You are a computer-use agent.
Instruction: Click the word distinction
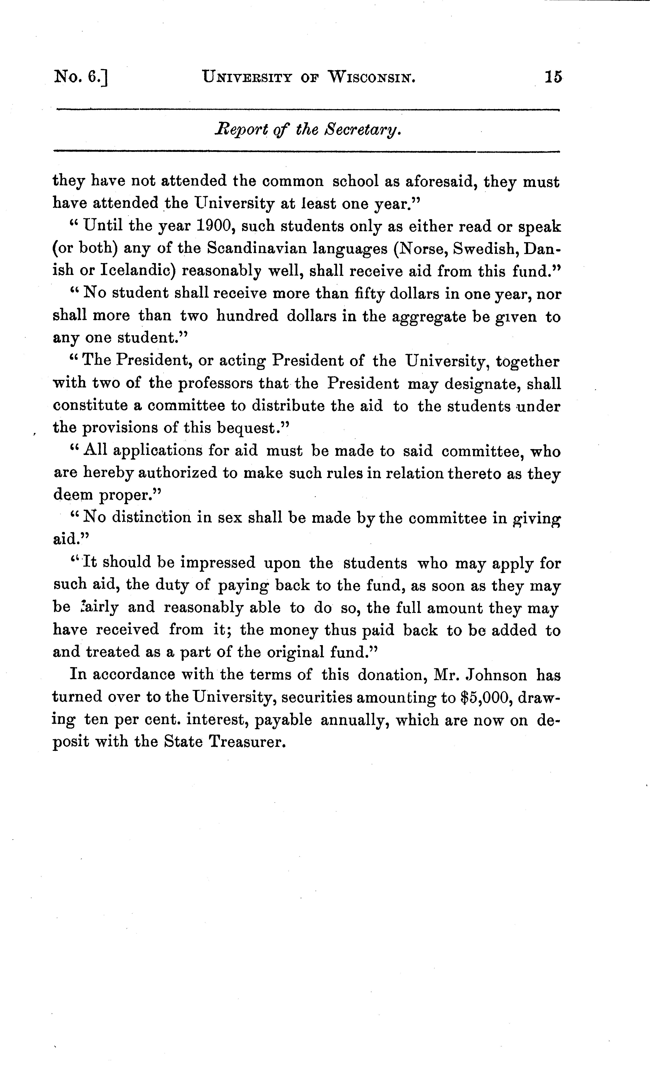[151, 517]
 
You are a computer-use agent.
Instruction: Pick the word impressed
[218, 563]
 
